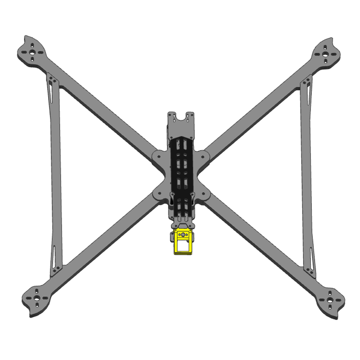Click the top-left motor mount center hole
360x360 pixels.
(33, 52)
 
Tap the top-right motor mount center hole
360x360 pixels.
(326, 52)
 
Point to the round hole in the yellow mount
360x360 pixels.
(183, 234)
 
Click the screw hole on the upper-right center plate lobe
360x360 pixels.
(206, 157)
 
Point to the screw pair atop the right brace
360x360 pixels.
(308, 81)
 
